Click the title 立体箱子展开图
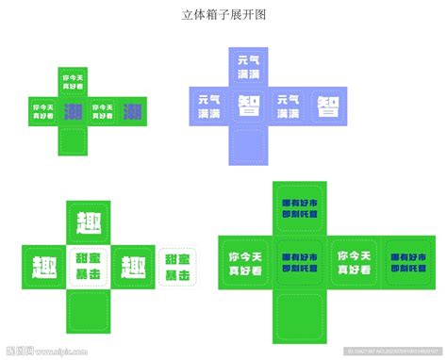(223, 16)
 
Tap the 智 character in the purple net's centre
(250, 105)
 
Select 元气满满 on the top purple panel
(250, 63)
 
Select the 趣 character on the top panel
(89, 222)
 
